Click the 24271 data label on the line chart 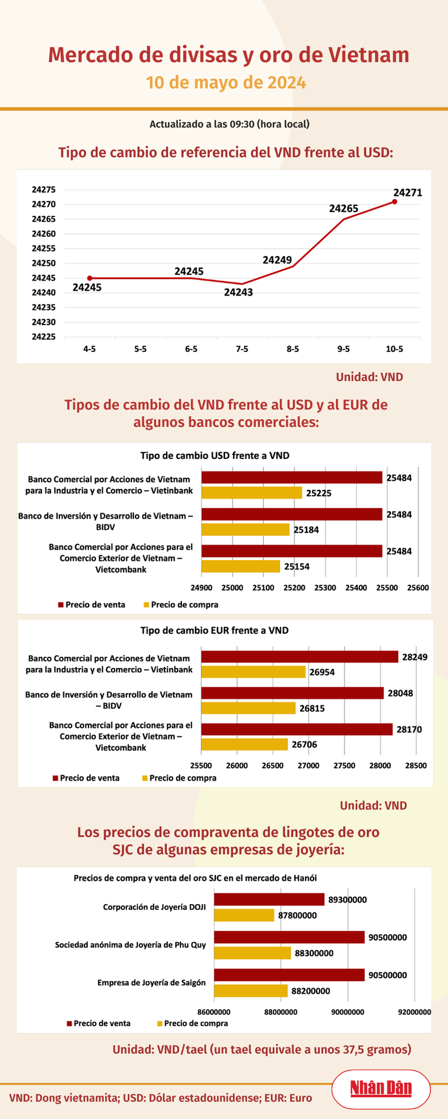407,193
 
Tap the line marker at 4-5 90,278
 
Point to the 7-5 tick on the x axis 242,349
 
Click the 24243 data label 238,292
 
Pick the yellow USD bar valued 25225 252,493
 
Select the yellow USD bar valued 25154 241,566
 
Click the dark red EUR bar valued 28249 299,657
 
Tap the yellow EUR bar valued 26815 248,708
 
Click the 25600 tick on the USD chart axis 418,588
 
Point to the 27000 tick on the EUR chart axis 308,765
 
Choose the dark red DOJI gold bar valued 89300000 269,899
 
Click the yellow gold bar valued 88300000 252,953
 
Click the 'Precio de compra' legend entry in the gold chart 196,1023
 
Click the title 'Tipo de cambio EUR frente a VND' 214,630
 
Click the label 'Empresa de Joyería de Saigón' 151,982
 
